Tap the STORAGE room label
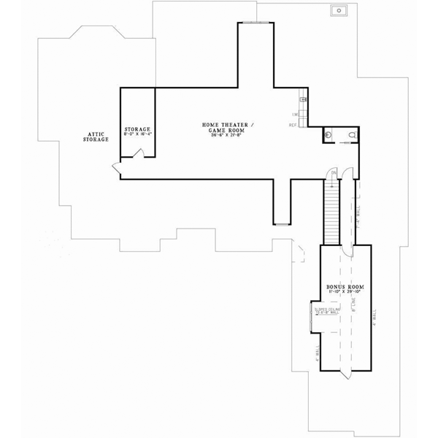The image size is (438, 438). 137,129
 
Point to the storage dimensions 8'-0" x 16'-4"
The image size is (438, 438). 137,134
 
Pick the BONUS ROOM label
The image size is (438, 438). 346,288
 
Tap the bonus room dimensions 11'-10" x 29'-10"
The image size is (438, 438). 346,293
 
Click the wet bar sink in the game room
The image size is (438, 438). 303,100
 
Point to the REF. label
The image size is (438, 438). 293,126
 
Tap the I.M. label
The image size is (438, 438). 294,115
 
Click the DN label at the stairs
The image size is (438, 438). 333,173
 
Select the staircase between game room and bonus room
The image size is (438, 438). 332,212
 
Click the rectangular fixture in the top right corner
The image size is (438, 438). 339,11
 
